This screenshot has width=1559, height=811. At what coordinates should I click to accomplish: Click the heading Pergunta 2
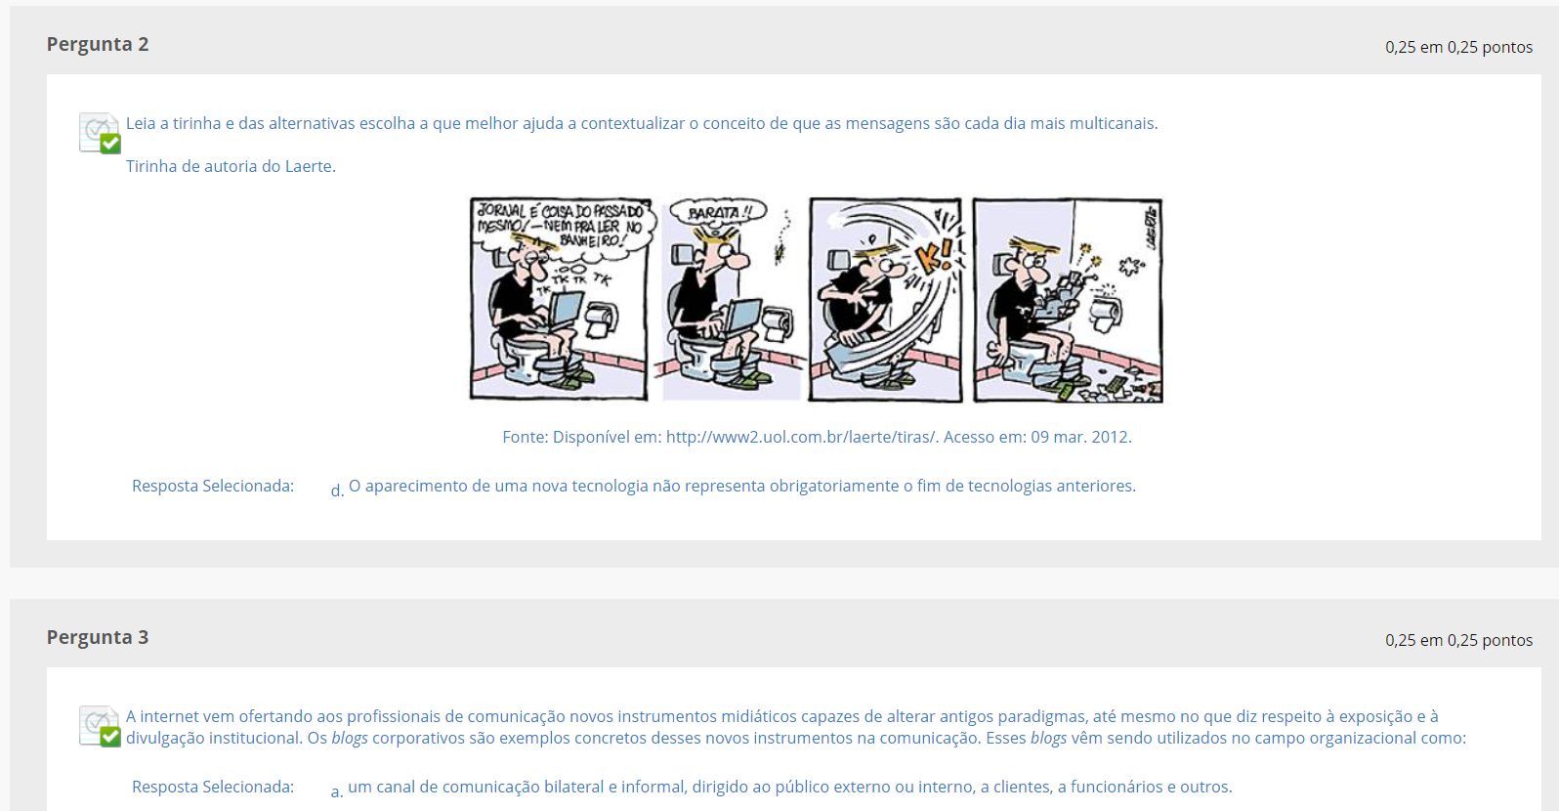[x=98, y=45]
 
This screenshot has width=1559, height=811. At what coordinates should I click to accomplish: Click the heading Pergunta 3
[x=98, y=638]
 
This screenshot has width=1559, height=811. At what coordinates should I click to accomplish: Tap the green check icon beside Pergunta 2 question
[x=110, y=144]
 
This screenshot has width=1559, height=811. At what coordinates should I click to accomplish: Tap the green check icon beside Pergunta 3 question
[x=110, y=737]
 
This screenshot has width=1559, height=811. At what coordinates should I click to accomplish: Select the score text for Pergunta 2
[x=1458, y=47]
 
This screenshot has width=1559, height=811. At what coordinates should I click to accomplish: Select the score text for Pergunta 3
[x=1458, y=640]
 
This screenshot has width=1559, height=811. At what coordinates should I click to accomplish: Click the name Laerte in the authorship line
[x=309, y=166]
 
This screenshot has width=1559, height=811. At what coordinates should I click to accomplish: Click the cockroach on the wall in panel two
[x=779, y=252]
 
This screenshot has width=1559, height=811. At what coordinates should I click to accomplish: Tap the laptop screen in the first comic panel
[x=567, y=311]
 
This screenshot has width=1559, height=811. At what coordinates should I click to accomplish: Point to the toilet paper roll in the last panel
[x=1106, y=314]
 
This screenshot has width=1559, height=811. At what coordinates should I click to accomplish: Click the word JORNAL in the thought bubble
[x=498, y=210]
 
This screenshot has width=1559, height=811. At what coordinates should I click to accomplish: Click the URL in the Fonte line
[x=801, y=437]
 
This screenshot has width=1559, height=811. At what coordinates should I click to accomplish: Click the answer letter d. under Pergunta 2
[x=337, y=491]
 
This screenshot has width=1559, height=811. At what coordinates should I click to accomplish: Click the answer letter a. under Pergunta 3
[x=337, y=790]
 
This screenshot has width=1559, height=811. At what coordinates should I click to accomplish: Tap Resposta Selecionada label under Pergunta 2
[x=213, y=486]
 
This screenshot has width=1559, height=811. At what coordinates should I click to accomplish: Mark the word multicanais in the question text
[x=1113, y=123]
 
